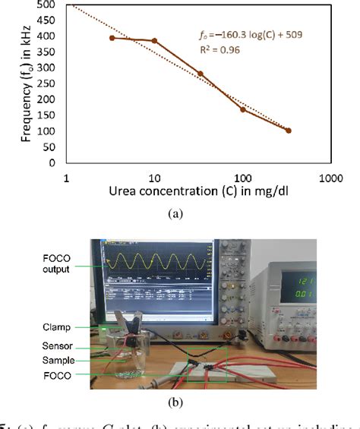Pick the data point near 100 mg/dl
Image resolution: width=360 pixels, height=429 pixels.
tap(243, 109)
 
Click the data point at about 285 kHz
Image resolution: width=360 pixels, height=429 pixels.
tap(201, 74)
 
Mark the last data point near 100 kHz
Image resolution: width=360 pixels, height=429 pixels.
tap(289, 131)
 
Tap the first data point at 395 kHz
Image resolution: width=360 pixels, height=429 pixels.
tap(112, 37)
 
